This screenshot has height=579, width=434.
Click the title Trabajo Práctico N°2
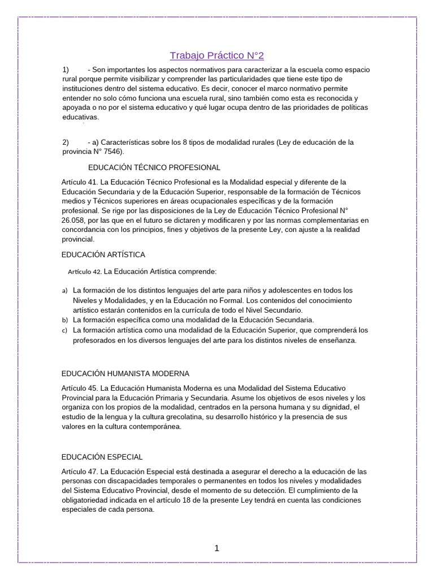point(217,55)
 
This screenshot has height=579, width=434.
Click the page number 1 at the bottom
point(216,548)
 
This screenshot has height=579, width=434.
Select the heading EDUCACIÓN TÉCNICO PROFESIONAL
point(154,168)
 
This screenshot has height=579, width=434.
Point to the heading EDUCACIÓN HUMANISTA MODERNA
point(125,374)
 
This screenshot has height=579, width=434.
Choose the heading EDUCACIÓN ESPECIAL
point(102,457)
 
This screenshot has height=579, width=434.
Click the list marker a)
point(64,291)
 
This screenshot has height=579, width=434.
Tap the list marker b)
point(64,321)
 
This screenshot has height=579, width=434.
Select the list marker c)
point(64,331)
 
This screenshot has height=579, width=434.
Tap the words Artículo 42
point(85,272)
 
